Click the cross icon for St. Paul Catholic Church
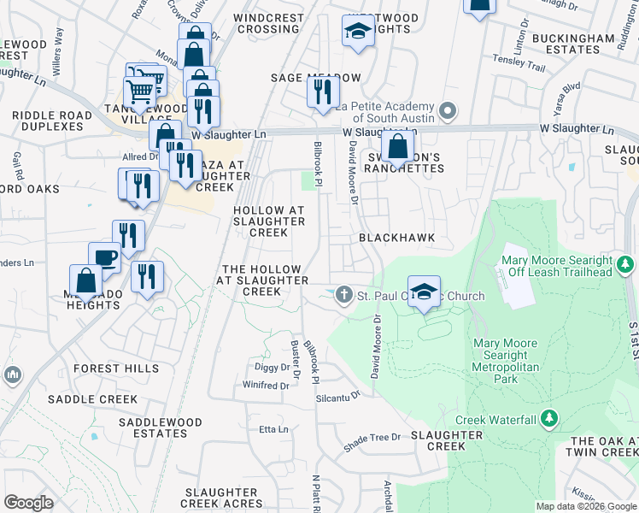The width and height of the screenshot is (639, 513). (x=344, y=296)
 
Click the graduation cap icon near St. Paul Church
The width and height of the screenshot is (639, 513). (x=424, y=291)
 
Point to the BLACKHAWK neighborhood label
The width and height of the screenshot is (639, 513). (x=397, y=238)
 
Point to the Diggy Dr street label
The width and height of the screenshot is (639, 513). (x=273, y=368)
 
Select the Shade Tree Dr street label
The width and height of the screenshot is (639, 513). (x=372, y=438)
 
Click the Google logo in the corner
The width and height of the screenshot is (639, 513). (x=29, y=503)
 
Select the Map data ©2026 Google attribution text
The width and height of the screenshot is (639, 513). (x=585, y=506)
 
